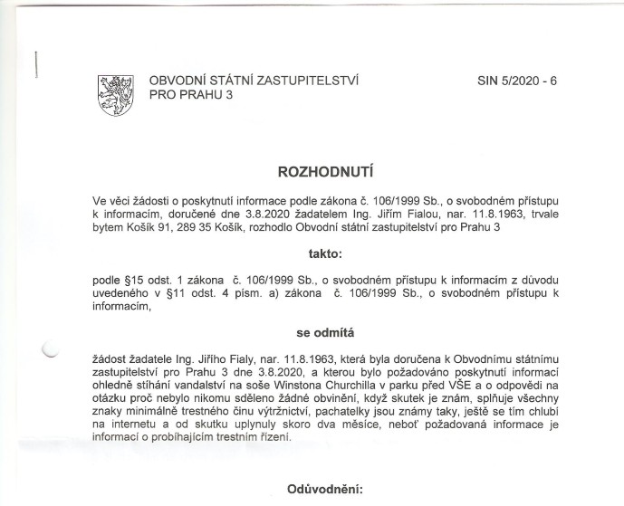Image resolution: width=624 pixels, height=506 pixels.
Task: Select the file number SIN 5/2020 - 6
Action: click(517, 81)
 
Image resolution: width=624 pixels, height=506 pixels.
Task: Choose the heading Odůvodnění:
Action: click(324, 490)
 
